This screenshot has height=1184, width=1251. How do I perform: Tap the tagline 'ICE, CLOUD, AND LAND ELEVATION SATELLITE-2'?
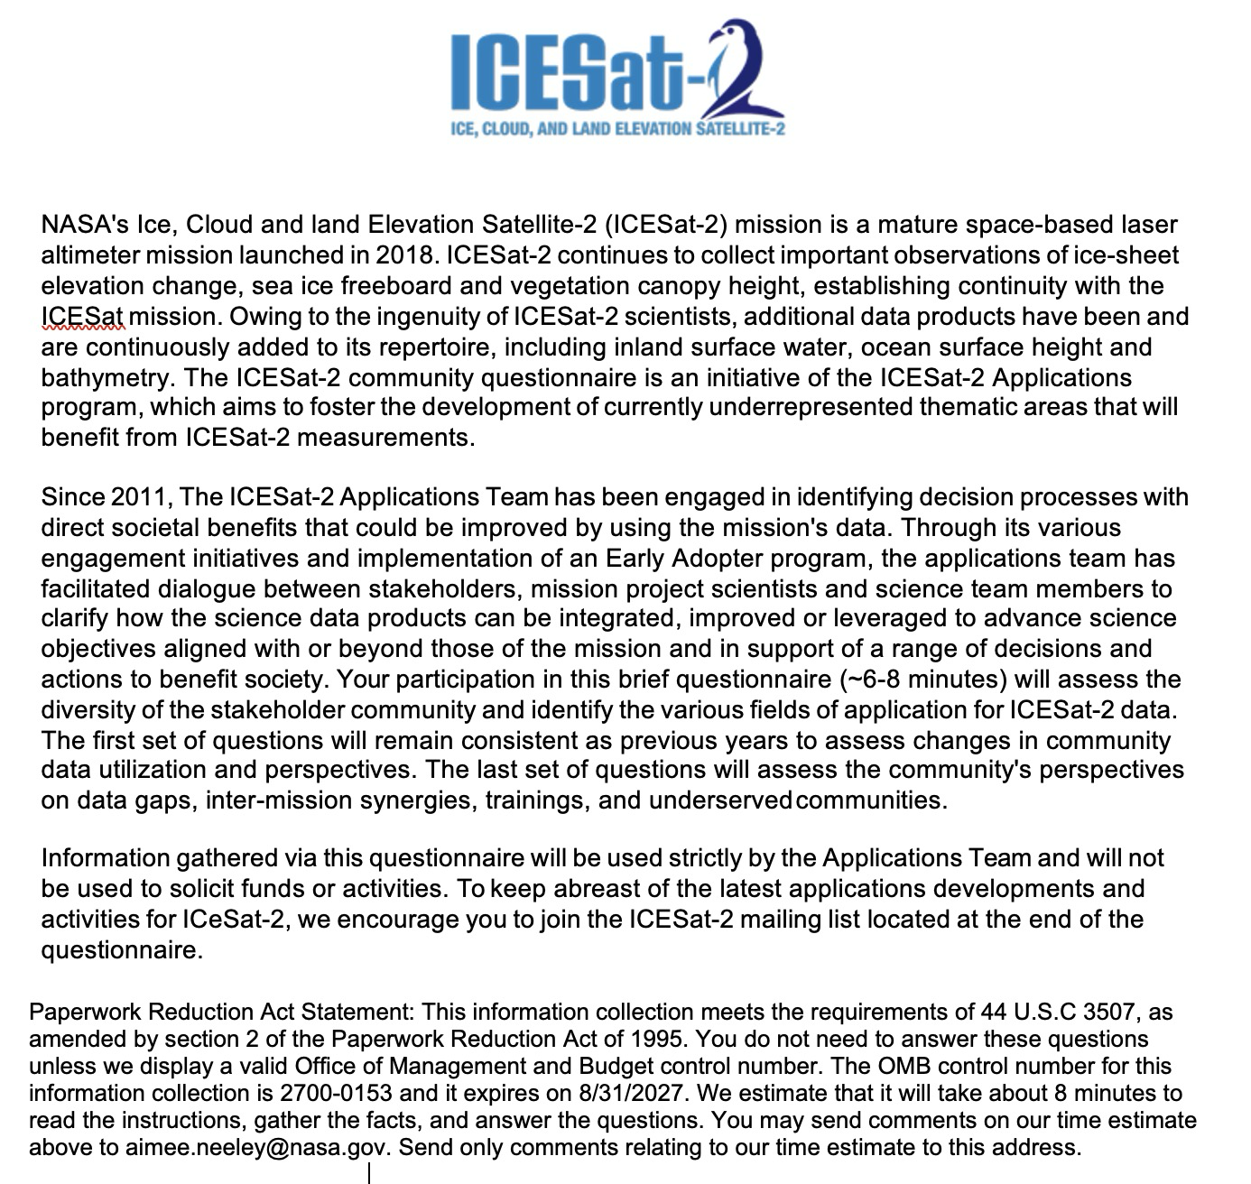617,128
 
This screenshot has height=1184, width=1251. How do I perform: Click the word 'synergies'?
418,800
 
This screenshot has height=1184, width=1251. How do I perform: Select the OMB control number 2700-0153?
336,1094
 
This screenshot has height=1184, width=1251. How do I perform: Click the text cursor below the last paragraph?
369,1172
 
